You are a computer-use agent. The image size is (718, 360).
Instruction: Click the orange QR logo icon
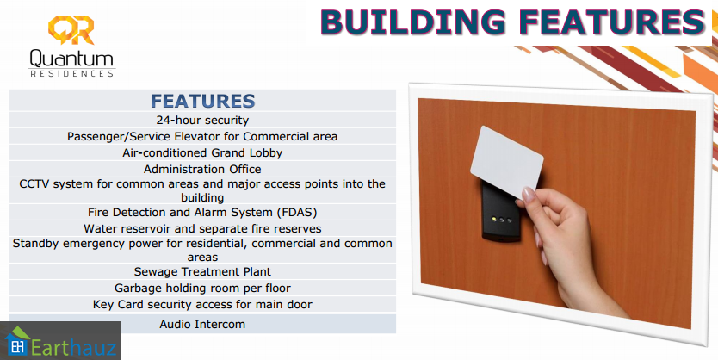point(71,29)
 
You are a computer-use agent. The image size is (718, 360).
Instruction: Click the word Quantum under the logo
point(71,59)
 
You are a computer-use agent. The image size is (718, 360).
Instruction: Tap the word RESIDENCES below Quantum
point(72,74)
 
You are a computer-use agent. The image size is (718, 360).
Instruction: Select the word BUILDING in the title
point(412,22)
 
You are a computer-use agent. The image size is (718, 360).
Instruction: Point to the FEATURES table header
point(202,101)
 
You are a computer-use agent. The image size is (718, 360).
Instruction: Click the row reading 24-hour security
point(202,120)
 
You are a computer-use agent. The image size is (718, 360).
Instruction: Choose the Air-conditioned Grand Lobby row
point(202,152)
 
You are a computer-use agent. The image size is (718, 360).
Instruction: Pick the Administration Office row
point(202,169)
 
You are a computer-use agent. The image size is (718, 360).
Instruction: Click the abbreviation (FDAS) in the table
point(296,213)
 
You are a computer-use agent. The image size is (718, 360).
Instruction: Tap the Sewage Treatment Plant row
point(202,271)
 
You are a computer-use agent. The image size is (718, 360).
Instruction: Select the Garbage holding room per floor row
point(202,289)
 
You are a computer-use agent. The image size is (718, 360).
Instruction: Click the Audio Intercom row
point(202,325)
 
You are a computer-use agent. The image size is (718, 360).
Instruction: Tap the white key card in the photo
point(506,162)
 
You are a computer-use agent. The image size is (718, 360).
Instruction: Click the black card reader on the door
point(500,212)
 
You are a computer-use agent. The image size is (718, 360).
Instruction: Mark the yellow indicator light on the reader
point(494,219)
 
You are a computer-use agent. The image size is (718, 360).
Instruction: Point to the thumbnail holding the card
point(528,195)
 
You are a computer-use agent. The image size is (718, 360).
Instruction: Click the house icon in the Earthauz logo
point(16,341)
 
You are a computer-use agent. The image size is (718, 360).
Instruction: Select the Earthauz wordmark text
point(73,347)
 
